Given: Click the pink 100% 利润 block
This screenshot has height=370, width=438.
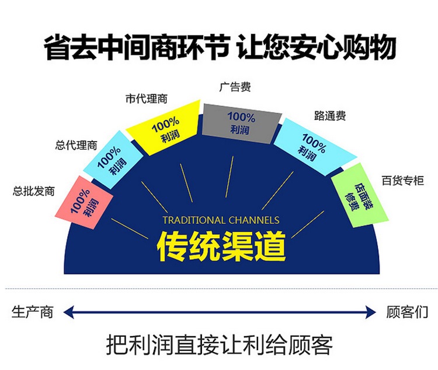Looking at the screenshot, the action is pyautogui.click(x=84, y=203).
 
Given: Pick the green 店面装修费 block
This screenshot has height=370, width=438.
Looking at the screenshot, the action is pyautogui.click(x=360, y=196).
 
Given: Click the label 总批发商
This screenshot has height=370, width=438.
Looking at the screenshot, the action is pyautogui.click(x=33, y=191).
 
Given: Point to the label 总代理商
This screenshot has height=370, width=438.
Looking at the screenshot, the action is pyautogui.click(x=76, y=145).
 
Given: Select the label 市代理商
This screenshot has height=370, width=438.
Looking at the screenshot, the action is pyautogui.click(x=147, y=99).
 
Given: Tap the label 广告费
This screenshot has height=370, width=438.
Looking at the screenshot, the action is pyautogui.click(x=235, y=87).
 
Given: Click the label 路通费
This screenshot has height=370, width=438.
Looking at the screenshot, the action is pyautogui.click(x=330, y=115).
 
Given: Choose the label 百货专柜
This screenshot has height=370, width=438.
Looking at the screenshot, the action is pyautogui.click(x=403, y=181).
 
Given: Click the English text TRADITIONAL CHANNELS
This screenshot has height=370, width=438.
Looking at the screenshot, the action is pyautogui.click(x=221, y=220).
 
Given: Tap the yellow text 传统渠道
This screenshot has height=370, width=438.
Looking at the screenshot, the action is pyautogui.click(x=221, y=246).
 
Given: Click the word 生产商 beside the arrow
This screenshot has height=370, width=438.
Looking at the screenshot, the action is pyautogui.click(x=32, y=312).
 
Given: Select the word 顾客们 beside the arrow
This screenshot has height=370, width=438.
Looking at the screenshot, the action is pyautogui.click(x=407, y=312).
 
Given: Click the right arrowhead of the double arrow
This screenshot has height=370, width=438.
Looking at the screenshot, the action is pyautogui.click(x=371, y=312).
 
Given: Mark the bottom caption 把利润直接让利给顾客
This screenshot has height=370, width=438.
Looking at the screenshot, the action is pyautogui.click(x=220, y=345).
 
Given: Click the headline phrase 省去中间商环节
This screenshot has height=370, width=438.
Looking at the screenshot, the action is pyautogui.click(x=137, y=47).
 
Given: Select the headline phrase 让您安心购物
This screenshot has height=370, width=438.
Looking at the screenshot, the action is pyautogui.click(x=317, y=47).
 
